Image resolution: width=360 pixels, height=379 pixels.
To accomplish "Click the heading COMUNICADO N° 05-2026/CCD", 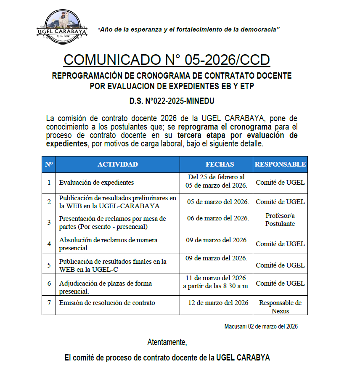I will coord(167,60).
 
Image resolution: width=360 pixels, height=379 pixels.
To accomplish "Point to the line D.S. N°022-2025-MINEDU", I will coord(172,101).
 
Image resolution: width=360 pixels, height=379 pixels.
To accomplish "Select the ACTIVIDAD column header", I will coord(117,164).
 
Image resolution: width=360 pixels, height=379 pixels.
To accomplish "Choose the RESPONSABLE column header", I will coord(280,164).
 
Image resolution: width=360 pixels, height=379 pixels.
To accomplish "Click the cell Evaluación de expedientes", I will coord(96,183).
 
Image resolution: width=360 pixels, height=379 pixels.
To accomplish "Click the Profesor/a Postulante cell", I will coord(280,220).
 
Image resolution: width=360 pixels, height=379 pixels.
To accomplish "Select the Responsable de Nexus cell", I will coord(280,307).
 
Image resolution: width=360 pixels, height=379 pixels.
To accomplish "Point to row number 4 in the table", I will coord(49,244).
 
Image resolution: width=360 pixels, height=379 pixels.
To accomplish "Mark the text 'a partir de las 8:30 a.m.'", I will coord(216,286).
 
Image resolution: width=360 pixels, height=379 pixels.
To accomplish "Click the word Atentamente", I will coord(167,342).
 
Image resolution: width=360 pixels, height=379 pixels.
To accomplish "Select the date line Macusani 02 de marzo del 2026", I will coord(261,326).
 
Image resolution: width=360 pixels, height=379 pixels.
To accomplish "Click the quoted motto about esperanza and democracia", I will coord(188,29).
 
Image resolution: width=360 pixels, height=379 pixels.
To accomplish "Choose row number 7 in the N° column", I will coord(49,303).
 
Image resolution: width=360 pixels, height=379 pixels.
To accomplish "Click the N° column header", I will coord(49,164).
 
